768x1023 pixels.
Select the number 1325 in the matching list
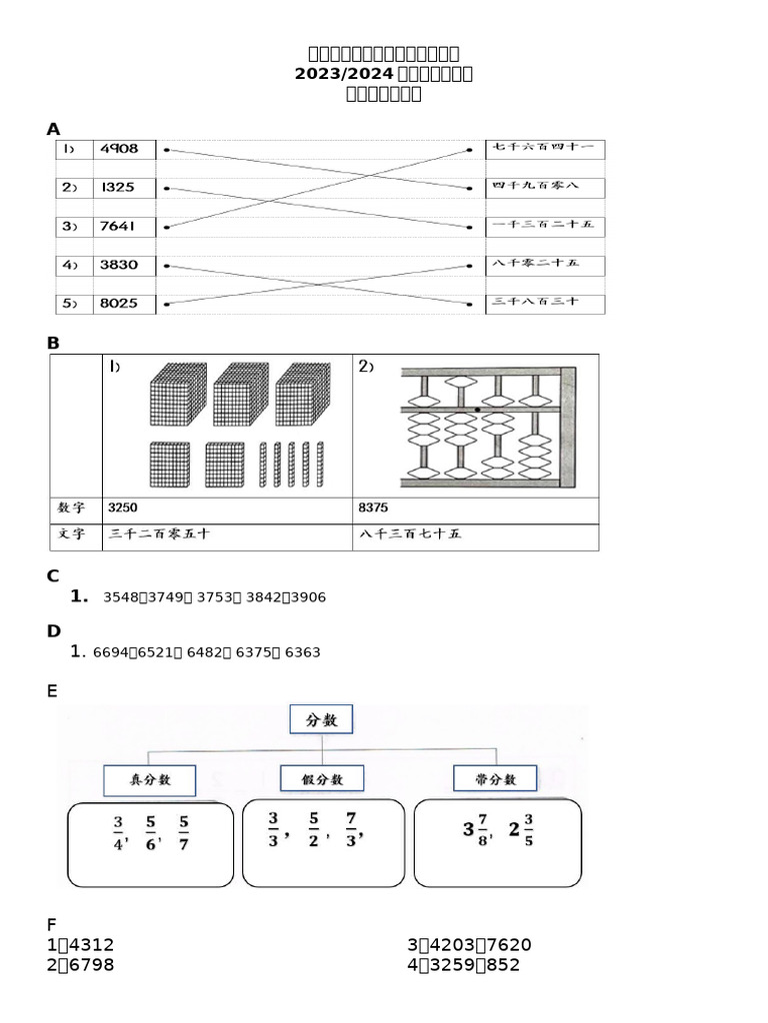point(117,188)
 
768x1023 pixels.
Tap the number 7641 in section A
point(118,227)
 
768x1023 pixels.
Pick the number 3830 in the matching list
point(119,266)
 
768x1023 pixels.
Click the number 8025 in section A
point(119,304)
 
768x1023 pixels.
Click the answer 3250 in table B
point(123,509)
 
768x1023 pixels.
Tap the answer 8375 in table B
point(373,509)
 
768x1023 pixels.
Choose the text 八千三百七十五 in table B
point(409,534)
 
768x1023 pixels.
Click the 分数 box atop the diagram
point(321,719)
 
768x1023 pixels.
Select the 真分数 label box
point(150,780)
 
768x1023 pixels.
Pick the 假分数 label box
point(321,779)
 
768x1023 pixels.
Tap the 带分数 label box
point(495,779)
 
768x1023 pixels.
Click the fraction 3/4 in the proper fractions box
point(118,832)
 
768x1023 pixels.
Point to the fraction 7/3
point(351,828)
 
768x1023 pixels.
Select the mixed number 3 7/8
point(476,829)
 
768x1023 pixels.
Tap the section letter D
point(54,631)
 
